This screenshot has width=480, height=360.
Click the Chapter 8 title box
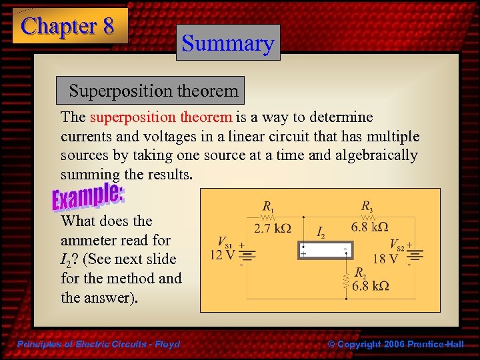point(69,26)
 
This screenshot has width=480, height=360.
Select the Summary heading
point(228,43)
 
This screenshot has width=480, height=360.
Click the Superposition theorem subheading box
point(153,90)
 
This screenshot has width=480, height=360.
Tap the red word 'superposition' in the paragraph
point(161,117)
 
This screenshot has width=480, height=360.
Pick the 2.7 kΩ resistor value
point(273,228)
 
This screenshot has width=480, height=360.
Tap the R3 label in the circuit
point(367,205)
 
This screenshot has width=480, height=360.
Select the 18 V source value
point(386,258)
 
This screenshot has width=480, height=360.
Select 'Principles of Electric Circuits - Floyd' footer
point(99,345)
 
